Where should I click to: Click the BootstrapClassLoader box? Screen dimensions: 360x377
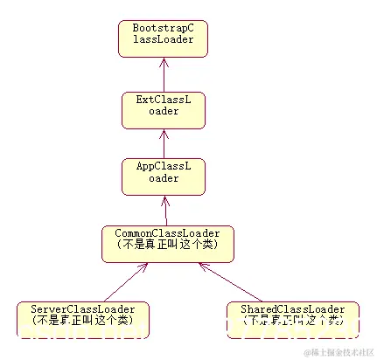coord(163,38)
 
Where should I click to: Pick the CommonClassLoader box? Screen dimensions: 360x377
coord(168,243)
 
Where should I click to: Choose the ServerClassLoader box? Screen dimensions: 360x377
coord(83,319)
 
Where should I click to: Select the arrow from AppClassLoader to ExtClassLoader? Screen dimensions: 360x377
coord(163,141)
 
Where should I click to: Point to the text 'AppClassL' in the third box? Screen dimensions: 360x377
coord(163,168)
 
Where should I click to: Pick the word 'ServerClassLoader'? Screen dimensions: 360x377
coord(83,309)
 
